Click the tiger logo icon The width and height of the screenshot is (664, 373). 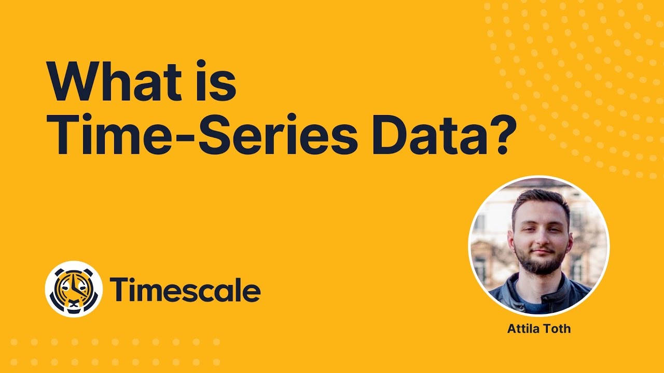pyautogui.click(x=73, y=289)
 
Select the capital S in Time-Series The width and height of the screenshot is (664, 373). pyautogui.click(x=240, y=136)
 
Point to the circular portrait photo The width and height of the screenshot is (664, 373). pyautogui.click(x=539, y=246)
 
